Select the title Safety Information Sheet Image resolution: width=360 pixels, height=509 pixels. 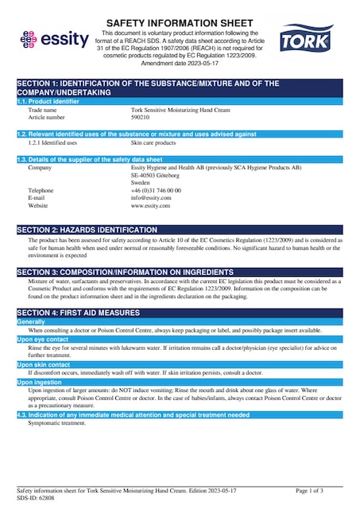pyautogui.click(x=180, y=23)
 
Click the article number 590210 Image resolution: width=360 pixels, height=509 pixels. pyautogui.click(x=140, y=116)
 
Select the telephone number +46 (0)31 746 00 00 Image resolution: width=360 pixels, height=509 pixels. pyautogui.click(x=156, y=191)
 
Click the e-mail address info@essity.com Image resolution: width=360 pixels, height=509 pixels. pyautogui.click(x=149, y=198)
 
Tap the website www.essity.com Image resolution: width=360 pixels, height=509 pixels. pyautogui.click(x=151, y=206)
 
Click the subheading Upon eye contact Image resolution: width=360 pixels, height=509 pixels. pyautogui.click(x=42, y=339)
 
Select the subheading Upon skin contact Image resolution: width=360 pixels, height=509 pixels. pyautogui.click(x=43, y=364)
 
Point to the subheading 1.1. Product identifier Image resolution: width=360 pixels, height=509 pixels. pyautogui.click(x=48, y=101)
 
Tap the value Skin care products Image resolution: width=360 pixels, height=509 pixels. pyautogui.click(x=153, y=142)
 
